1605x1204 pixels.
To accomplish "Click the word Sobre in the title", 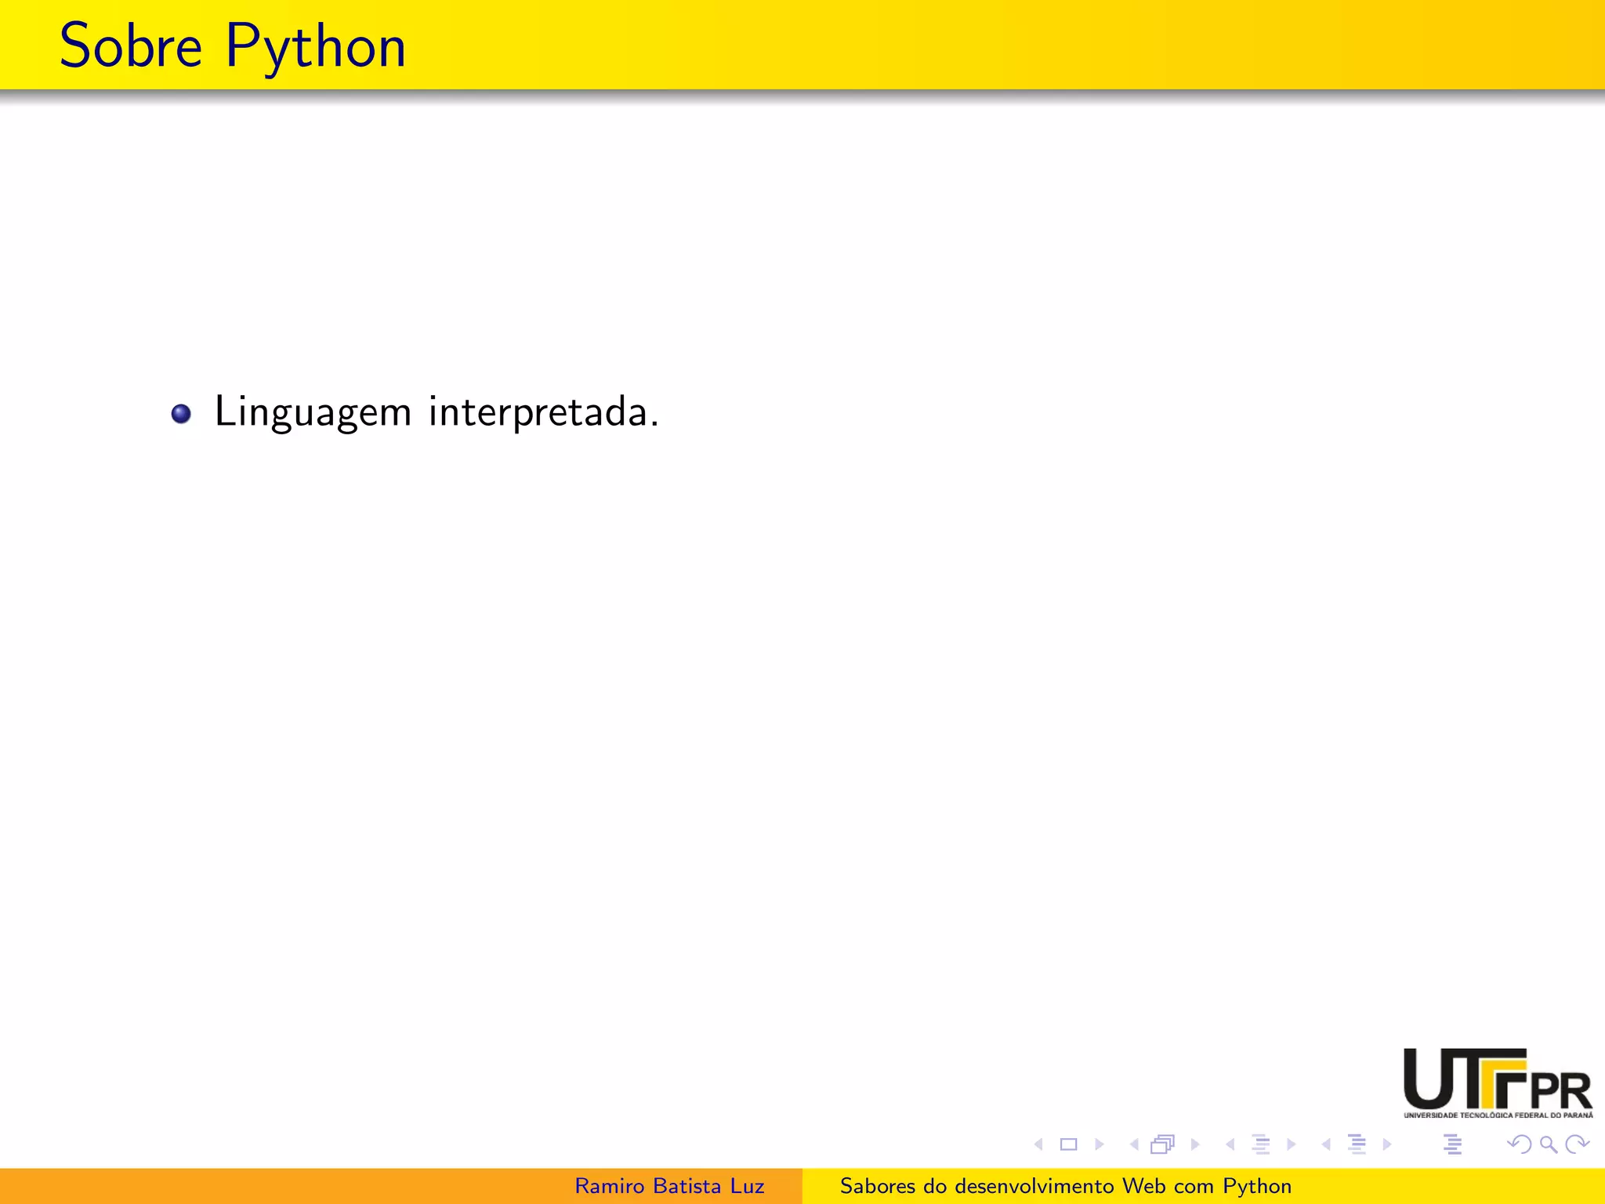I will tap(131, 46).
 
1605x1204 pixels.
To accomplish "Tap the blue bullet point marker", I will tap(181, 414).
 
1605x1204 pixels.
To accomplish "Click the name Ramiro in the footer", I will tap(608, 1186).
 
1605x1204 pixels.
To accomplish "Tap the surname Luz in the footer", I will tap(747, 1186).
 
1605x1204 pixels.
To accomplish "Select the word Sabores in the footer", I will tap(877, 1186).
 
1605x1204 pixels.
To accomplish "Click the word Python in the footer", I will tap(1257, 1187).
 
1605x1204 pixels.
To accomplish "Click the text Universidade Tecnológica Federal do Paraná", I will tap(1498, 1115).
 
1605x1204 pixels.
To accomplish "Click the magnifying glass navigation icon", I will tap(1548, 1144).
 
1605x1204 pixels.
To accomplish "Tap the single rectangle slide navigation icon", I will tap(1068, 1144).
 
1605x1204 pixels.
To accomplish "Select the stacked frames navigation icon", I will tap(1162, 1144).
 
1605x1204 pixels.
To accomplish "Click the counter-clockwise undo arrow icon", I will tap(1519, 1144).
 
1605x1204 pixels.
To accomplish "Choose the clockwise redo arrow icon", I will tap(1577, 1144).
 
